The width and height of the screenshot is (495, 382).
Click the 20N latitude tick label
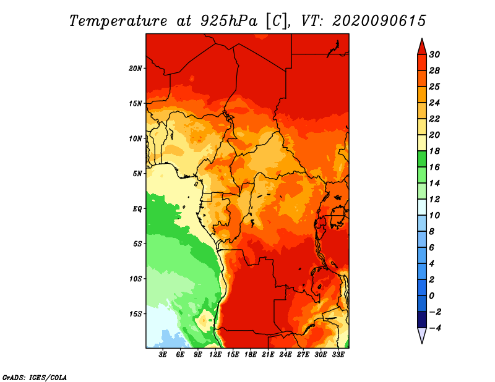[136, 68]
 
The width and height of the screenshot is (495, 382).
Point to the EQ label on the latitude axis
[137, 209]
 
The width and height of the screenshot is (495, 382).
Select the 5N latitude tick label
[137, 174]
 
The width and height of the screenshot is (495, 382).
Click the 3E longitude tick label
[163, 355]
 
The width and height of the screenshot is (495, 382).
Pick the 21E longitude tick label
[268, 355]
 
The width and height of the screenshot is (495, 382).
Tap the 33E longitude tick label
[338, 355]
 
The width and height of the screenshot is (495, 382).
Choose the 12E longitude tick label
[215, 355]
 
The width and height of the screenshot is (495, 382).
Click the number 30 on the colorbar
[434, 54]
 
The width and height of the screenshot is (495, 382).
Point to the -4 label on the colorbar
[435, 328]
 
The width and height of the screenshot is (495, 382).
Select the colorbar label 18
[434, 151]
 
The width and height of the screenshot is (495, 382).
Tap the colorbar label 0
[431, 296]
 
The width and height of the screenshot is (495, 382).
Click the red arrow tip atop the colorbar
[422, 39]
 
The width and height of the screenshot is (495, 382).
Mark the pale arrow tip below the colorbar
[422, 343]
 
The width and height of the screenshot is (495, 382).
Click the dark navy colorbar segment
[422, 320]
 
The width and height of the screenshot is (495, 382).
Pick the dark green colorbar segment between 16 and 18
[422, 159]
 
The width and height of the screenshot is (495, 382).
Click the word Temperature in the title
[118, 21]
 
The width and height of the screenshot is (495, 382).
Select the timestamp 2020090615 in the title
[379, 21]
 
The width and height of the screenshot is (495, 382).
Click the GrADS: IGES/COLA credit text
[35, 378]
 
